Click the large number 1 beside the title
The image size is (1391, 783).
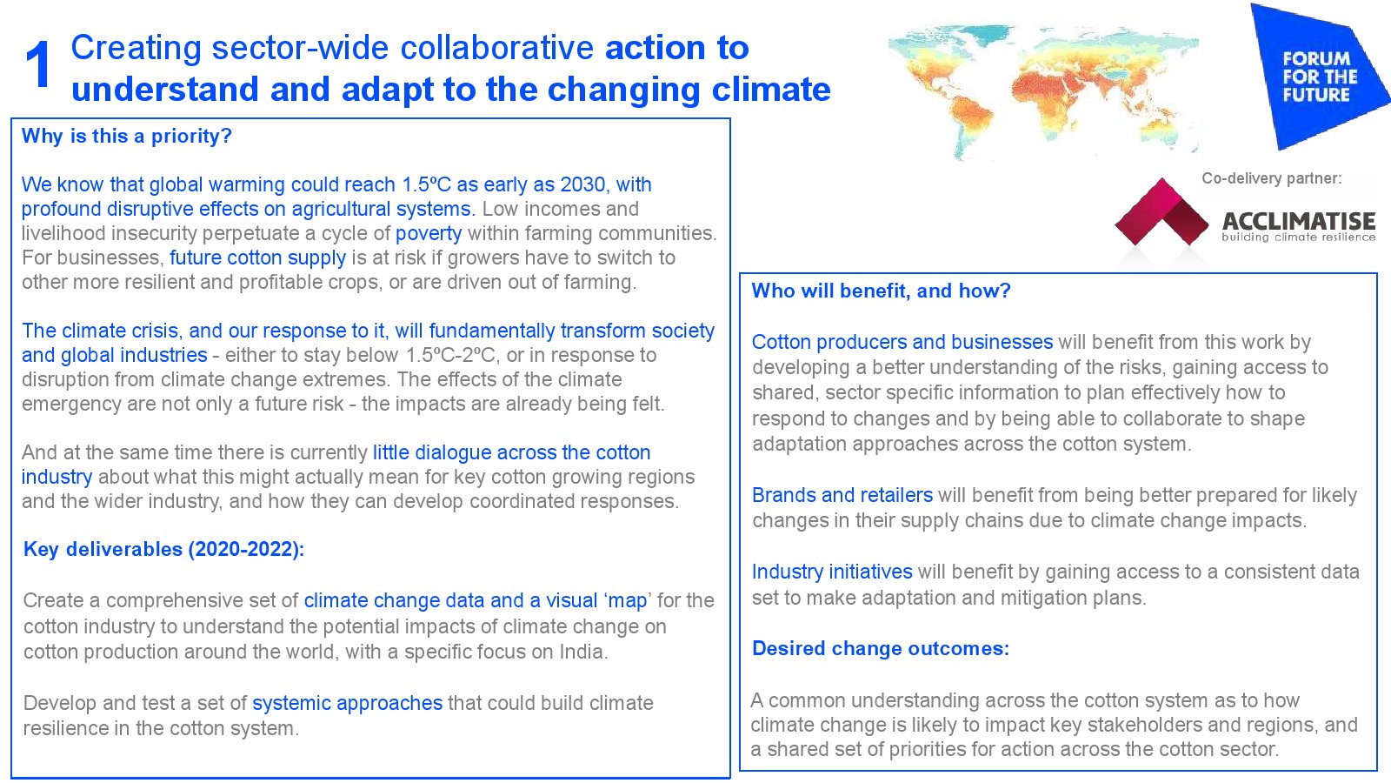tap(38, 65)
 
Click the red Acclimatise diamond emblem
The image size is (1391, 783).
tap(1161, 212)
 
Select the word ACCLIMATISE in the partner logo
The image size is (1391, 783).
tap(1299, 221)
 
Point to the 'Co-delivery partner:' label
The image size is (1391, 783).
tap(1272, 179)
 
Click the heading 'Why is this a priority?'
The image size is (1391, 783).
tap(127, 136)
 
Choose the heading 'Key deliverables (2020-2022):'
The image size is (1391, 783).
tap(164, 549)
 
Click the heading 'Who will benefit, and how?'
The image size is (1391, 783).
tap(882, 291)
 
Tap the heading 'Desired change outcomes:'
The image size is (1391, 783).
tap(881, 649)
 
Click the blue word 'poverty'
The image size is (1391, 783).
tap(429, 234)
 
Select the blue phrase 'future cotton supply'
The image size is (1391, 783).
tap(257, 258)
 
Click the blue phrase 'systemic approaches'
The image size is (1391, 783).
tap(347, 704)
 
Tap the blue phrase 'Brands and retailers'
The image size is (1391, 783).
tap(842, 495)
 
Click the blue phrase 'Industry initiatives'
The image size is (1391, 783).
tap(832, 572)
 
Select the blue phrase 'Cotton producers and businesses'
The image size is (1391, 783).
tap(902, 343)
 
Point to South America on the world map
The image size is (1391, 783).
tap(968, 121)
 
